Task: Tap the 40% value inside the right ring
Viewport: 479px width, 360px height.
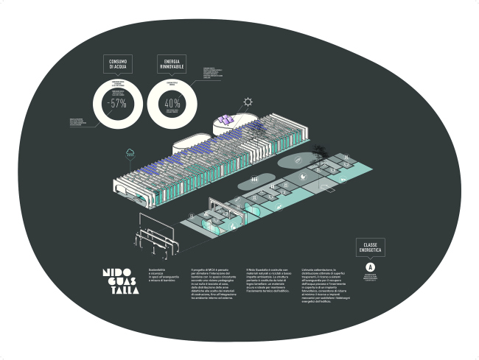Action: click(172, 104)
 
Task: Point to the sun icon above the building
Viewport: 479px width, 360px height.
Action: click(249, 102)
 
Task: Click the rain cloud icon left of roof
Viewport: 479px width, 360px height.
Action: click(130, 152)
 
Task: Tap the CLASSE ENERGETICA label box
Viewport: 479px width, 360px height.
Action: click(371, 247)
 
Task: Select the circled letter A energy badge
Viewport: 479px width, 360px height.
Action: click(371, 266)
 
